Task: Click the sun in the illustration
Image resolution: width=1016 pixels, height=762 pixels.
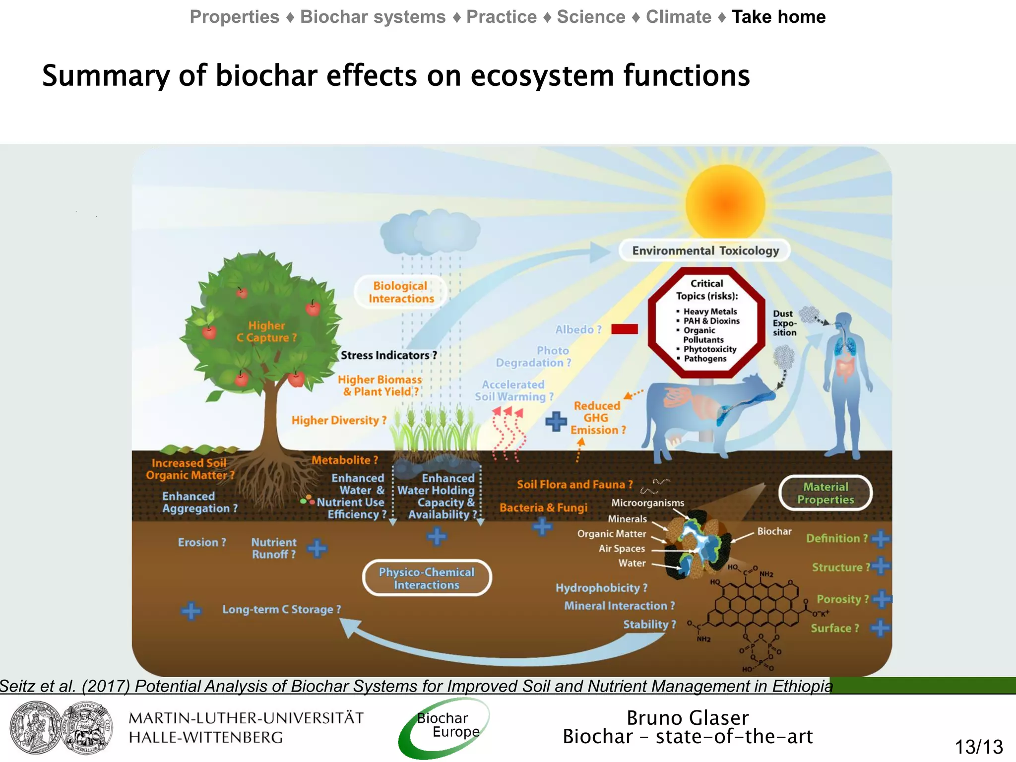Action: pyautogui.click(x=725, y=204)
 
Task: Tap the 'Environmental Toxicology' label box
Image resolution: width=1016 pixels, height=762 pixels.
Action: pyautogui.click(x=705, y=251)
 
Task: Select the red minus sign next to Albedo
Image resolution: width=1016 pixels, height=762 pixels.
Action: pyautogui.click(x=624, y=329)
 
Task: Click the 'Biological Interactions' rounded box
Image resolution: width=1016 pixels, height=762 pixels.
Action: pyautogui.click(x=401, y=292)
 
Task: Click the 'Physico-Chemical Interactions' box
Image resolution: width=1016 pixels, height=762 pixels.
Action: pyautogui.click(x=427, y=578)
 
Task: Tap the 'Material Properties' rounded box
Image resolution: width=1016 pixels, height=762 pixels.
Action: pyautogui.click(x=825, y=493)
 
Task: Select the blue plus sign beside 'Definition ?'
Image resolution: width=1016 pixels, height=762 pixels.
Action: pyautogui.click(x=881, y=538)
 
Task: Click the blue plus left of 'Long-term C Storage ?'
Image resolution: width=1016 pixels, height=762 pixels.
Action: pyautogui.click(x=191, y=611)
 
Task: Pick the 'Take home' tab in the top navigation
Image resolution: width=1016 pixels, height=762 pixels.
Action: pyautogui.click(x=778, y=17)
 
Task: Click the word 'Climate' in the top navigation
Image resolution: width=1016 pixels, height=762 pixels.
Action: pyautogui.click(x=678, y=17)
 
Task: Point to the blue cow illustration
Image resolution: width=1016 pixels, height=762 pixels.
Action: pyautogui.click(x=704, y=412)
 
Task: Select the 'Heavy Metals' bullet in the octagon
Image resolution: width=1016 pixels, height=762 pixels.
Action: pyautogui.click(x=710, y=312)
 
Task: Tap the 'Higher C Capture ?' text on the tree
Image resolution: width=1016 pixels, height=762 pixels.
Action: pyautogui.click(x=266, y=331)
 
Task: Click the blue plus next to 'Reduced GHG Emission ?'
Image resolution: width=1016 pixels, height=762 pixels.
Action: pyautogui.click(x=556, y=421)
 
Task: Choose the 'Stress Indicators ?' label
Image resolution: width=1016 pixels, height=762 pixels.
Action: pyautogui.click(x=388, y=355)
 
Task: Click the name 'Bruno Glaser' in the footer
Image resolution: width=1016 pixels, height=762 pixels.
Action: pyautogui.click(x=687, y=718)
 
